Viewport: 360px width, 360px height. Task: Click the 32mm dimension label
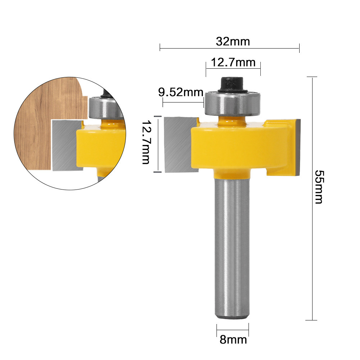233,41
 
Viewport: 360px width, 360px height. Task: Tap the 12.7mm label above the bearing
233,63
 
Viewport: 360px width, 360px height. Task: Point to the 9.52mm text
181,92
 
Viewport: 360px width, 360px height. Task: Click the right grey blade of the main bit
296,147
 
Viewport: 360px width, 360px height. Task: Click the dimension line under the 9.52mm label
183,102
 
